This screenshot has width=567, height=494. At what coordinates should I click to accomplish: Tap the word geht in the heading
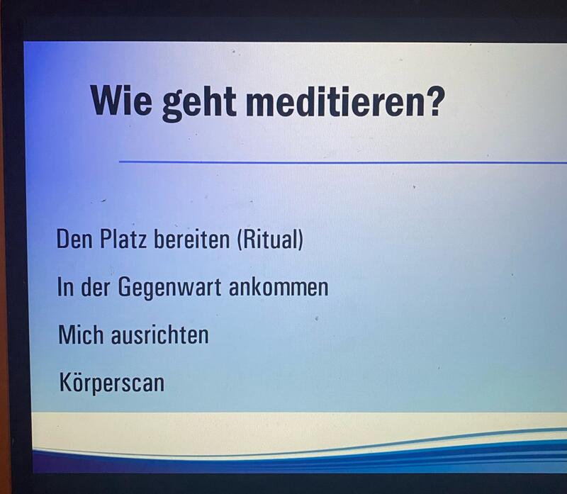[x=199, y=103]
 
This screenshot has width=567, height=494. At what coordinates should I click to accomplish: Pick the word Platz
[x=123, y=239]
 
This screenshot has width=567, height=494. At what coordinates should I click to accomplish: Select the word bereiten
[x=191, y=239]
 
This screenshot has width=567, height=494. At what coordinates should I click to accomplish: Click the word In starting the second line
[x=65, y=287]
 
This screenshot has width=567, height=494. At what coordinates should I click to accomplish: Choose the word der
[x=95, y=287]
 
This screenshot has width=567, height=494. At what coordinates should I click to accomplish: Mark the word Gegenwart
[x=169, y=288]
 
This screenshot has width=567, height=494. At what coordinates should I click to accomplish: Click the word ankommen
[x=279, y=287]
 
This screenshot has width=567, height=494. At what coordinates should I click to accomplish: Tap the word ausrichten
[x=160, y=335]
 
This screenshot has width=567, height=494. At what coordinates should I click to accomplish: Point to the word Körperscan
[x=112, y=383]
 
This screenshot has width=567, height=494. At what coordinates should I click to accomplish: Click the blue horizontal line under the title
[x=343, y=162]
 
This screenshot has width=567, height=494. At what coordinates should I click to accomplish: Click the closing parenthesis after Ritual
[x=301, y=240]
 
